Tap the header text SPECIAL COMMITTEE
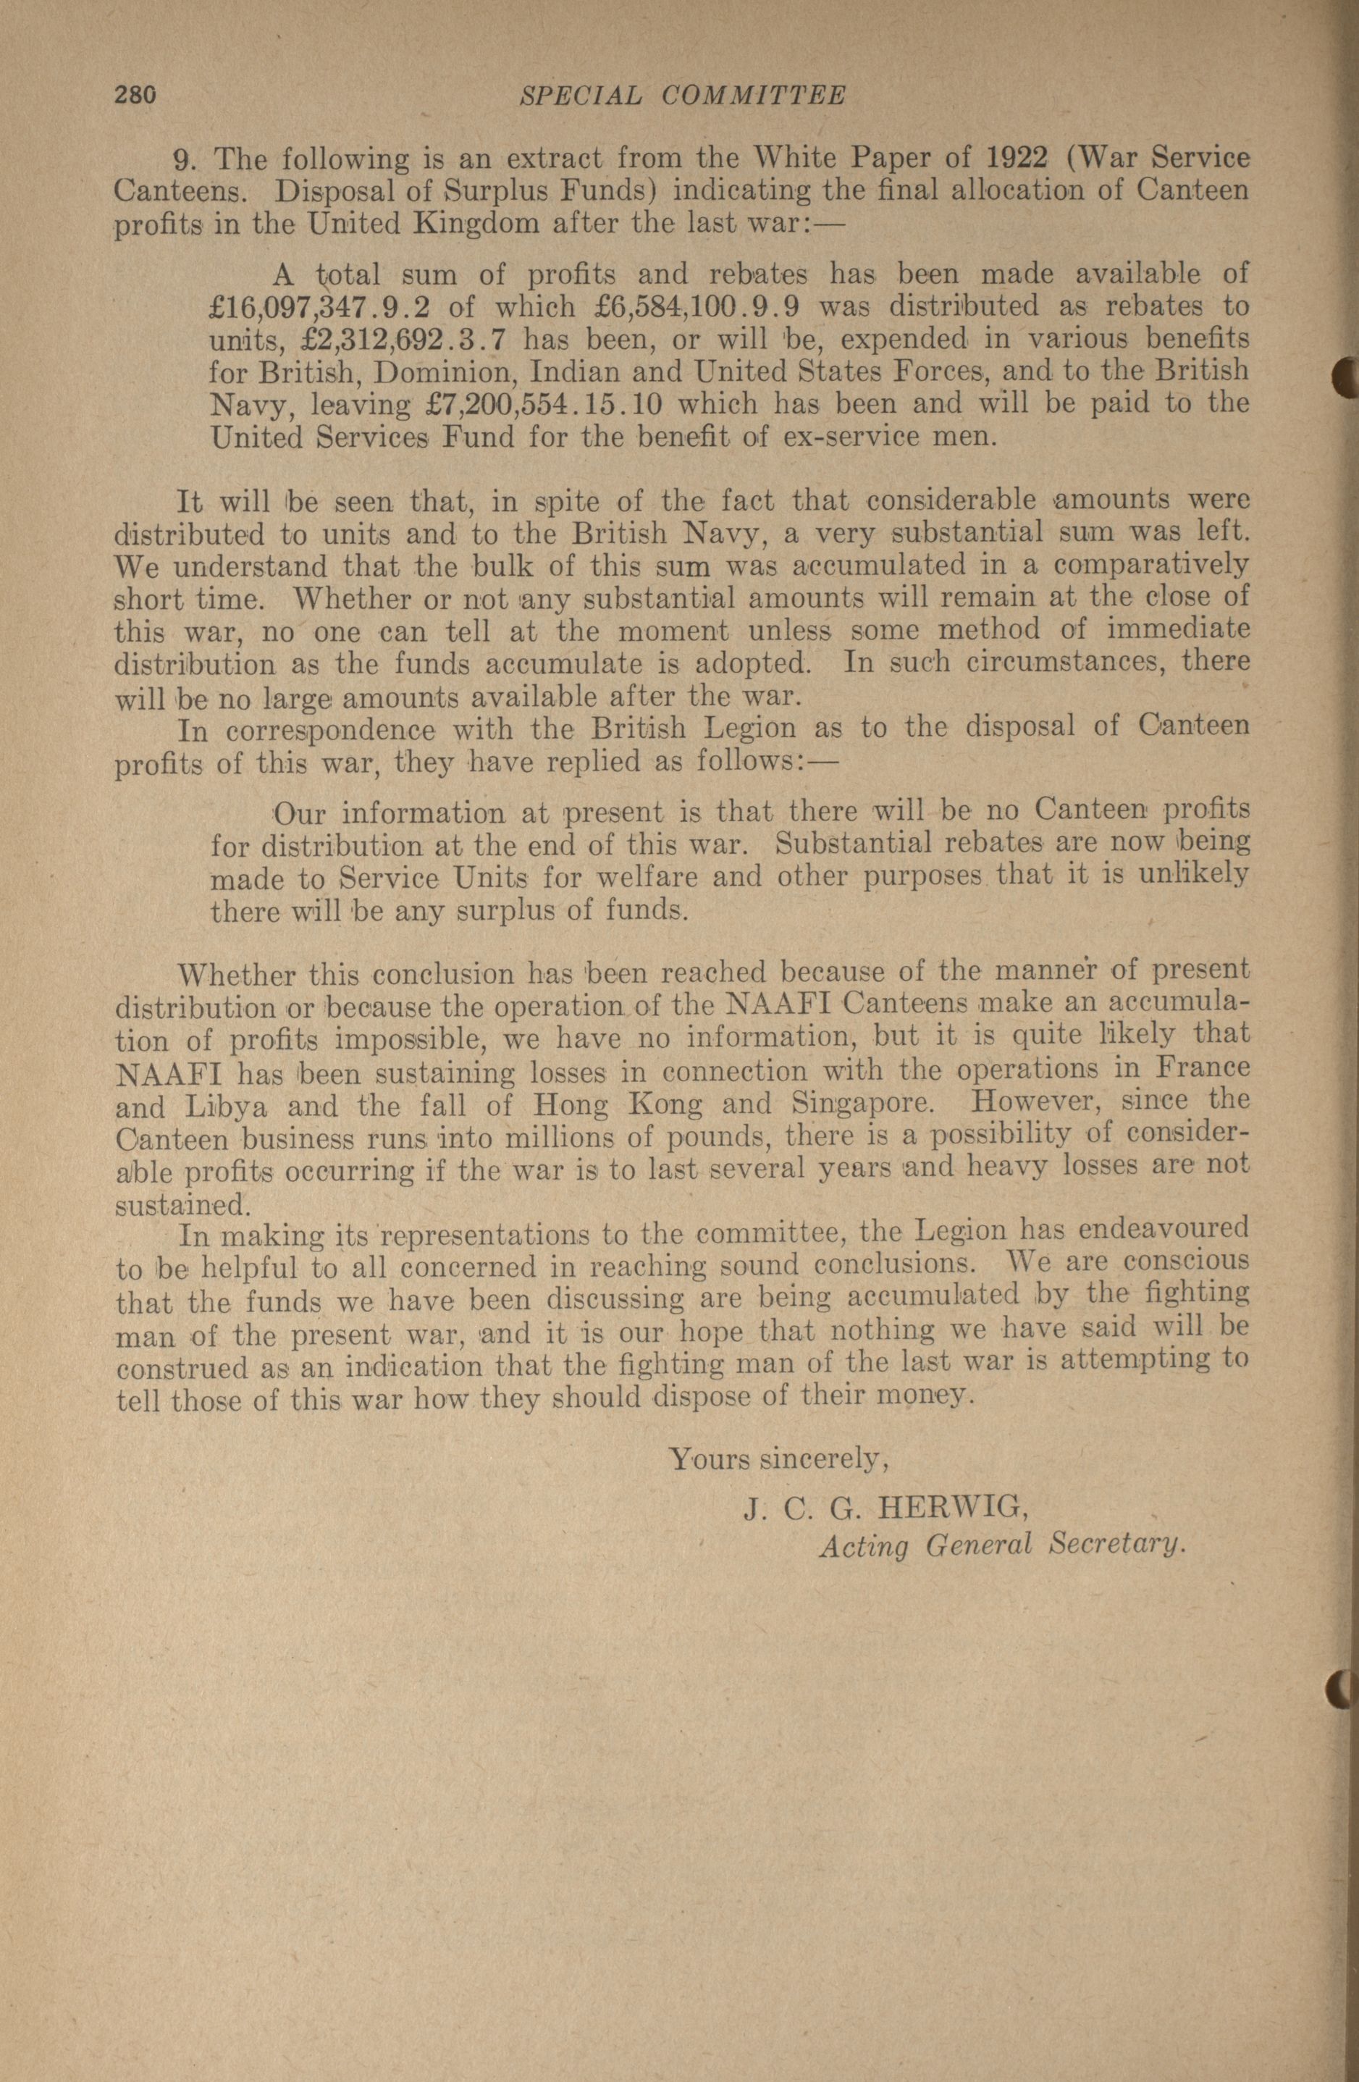coord(682,96)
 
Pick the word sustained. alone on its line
coord(182,1206)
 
